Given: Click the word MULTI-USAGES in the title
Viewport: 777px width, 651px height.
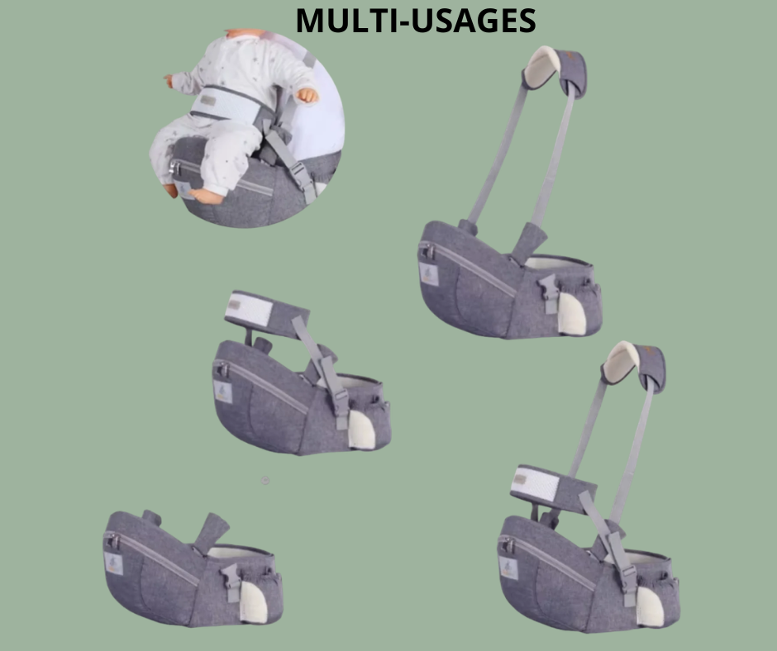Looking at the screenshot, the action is [x=416, y=21].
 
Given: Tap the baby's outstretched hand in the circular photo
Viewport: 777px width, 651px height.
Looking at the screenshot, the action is [x=307, y=95].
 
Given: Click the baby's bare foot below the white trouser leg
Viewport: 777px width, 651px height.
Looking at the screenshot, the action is [x=206, y=197].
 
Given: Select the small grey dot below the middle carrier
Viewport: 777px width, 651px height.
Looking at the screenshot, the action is [x=265, y=480].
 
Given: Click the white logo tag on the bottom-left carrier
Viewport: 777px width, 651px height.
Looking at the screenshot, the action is [x=113, y=563].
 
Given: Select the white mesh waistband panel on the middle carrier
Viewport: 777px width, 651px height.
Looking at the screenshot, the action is [x=249, y=309].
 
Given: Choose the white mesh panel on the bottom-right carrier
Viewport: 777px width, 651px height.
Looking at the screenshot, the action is [x=535, y=483].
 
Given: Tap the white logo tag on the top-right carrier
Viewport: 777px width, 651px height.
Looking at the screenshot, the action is [x=429, y=274].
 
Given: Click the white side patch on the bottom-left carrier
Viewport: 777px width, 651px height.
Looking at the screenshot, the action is [x=253, y=601].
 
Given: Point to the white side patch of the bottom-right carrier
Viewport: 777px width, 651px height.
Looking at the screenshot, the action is [x=649, y=606].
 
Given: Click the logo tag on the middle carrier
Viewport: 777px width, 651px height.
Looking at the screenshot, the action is [x=223, y=392].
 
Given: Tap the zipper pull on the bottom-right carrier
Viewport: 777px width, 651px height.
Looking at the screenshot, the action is [x=508, y=545].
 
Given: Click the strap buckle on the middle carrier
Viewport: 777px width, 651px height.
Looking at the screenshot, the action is [x=341, y=397].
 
